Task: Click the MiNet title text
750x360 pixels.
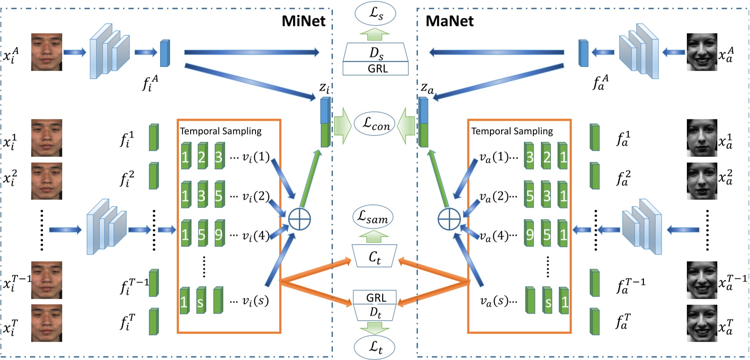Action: click(303, 21)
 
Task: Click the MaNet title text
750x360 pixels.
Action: click(449, 21)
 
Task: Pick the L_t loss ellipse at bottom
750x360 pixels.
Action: click(375, 347)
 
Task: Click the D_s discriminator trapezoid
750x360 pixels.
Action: click(375, 54)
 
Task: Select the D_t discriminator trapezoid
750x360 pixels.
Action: click(375, 313)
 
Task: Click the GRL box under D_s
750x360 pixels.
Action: click(375, 68)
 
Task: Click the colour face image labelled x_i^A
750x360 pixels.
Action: click(47, 52)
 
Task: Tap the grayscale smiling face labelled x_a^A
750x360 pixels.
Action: click(702, 52)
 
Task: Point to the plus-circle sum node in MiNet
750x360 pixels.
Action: click(299, 219)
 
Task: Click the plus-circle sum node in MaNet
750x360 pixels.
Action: click(449, 219)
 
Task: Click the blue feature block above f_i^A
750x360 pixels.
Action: click(165, 53)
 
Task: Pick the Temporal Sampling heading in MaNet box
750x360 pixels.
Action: click(512, 131)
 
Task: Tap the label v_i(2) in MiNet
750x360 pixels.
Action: click(255, 197)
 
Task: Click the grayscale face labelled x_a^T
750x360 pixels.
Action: click(702, 323)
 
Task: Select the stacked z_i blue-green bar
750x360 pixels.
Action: click(325, 123)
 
